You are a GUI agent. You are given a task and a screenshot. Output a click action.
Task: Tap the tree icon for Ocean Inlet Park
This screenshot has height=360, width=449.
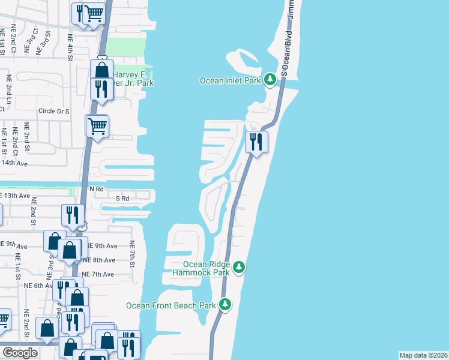271,79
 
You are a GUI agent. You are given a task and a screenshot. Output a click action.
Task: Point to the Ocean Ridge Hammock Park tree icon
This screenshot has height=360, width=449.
239,266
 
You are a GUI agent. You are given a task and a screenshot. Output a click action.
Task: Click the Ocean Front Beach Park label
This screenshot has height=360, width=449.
170,305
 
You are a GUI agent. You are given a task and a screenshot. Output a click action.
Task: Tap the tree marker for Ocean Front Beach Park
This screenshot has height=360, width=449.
226,305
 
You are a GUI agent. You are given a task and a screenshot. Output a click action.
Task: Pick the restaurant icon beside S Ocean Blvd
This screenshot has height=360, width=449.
256,142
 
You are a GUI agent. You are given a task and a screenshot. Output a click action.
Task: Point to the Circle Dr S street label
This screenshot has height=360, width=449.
54,111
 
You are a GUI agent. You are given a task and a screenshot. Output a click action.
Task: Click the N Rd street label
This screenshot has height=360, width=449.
97,188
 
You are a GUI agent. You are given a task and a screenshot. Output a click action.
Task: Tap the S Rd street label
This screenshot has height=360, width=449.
122,198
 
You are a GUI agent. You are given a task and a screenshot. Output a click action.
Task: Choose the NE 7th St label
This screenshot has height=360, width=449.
132,254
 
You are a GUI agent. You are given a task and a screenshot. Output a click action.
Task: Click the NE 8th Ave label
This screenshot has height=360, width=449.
100,260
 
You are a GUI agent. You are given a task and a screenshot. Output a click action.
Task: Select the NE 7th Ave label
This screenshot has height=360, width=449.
98,274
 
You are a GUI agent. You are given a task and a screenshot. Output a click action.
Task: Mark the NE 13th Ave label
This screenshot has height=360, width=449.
15,196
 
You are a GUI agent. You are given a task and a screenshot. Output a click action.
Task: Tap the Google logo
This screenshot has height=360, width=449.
20,353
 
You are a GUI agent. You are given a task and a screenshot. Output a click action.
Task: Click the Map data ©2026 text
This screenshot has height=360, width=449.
424,355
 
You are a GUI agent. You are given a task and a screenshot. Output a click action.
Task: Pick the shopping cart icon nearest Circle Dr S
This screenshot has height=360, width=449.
97,126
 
